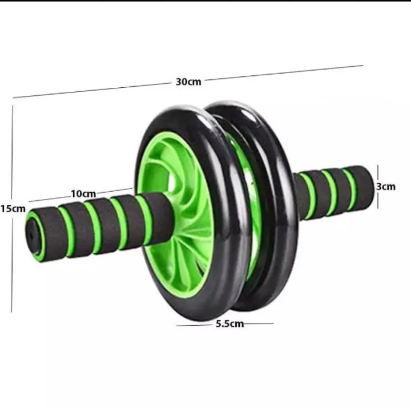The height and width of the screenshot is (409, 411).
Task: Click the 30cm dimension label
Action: [x=188, y=82]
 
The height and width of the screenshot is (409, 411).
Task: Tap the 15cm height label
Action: [x=12, y=209]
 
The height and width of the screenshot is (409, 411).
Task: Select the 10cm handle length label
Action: [x=83, y=194]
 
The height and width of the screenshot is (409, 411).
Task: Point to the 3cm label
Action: [x=386, y=187]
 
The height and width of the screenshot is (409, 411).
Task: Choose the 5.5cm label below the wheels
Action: [x=229, y=324]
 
